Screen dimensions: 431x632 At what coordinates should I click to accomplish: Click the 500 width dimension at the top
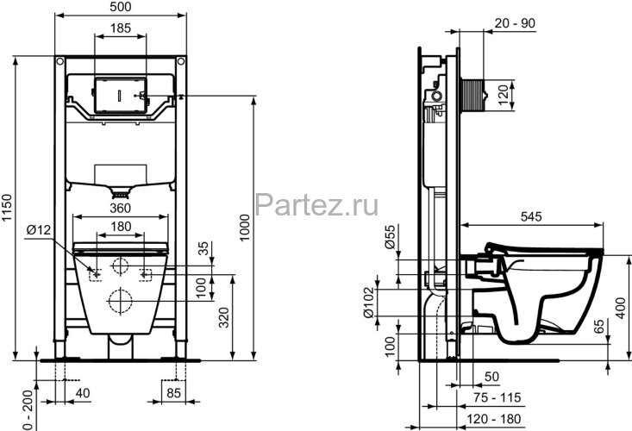point(121,7)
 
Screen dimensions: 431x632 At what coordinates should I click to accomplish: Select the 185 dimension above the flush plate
point(121,29)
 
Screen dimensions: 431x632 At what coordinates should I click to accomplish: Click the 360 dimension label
point(120,207)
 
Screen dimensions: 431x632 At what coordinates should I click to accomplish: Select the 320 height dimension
point(223,320)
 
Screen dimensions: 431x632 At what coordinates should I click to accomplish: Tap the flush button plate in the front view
point(120,92)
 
